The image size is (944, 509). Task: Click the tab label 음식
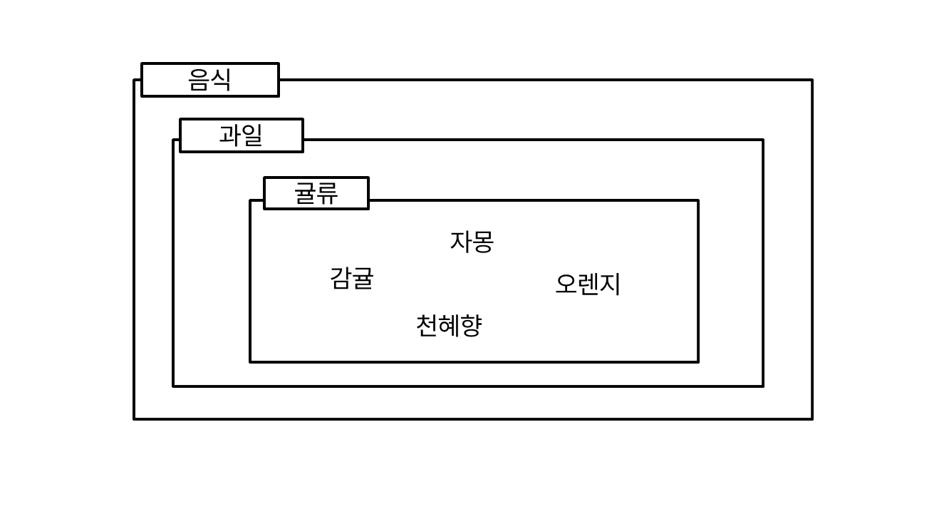coord(209,80)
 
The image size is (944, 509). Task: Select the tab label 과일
coord(241,135)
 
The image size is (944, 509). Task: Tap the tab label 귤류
coord(316,193)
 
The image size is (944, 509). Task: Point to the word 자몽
coord(472,242)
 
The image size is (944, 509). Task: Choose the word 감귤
coord(351,278)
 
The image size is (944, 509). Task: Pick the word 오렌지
coord(588,284)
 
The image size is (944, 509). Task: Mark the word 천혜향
coord(449,326)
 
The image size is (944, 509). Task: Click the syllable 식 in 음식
coord(221,80)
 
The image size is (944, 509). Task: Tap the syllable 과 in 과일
coord(230,135)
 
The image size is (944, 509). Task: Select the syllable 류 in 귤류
coord(327,193)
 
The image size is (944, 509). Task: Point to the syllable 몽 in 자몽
coord(483,242)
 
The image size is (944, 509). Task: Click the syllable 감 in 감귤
coord(341,278)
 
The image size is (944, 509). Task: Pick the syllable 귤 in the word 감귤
coord(363,278)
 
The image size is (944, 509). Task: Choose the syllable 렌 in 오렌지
coord(588,284)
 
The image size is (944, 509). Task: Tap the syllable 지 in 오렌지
coord(610,284)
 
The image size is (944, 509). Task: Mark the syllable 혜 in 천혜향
coord(449,326)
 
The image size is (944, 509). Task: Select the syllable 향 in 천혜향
coord(471,326)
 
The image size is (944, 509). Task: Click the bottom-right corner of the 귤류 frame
coord(698,362)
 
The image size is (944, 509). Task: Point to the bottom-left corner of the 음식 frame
coord(134,419)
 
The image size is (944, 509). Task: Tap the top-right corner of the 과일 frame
coord(763,140)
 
